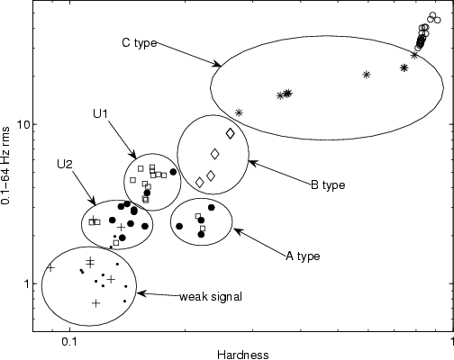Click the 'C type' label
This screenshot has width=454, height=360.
point(140,43)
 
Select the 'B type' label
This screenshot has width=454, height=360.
point(328,185)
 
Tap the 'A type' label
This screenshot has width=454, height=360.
point(303,256)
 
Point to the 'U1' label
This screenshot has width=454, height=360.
point(101,113)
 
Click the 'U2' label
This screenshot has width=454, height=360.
point(65,164)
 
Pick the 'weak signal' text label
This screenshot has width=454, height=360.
point(211,297)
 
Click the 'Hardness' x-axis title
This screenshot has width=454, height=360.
point(243,355)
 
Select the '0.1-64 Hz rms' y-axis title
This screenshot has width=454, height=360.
point(5,166)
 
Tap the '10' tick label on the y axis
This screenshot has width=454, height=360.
point(23,124)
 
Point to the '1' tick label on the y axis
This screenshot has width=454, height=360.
point(26,283)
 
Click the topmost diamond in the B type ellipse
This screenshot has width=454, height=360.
point(231,133)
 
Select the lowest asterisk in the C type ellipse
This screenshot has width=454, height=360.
point(239,112)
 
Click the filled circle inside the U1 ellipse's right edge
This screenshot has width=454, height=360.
point(173,172)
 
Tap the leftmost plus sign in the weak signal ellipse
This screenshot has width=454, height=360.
point(50,268)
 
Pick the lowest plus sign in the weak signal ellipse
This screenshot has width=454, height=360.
point(96,303)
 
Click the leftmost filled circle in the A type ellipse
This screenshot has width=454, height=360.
point(179,226)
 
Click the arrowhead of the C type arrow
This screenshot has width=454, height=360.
point(219,64)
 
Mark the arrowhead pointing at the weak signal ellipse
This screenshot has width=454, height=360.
point(140,293)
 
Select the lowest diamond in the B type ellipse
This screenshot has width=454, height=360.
point(199,182)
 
